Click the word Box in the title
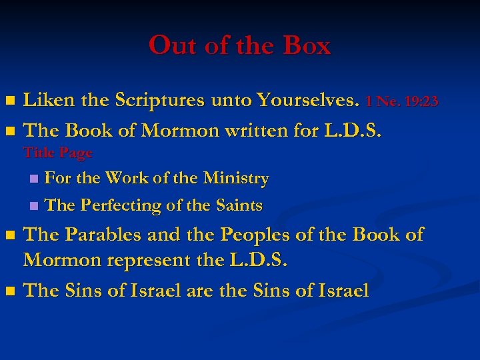click(307, 46)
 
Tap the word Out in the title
click(168, 46)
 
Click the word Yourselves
click(311, 101)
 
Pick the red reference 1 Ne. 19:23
click(402, 102)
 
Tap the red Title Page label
click(58, 153)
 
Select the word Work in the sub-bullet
click(122, 179)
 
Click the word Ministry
click(236, 179)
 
